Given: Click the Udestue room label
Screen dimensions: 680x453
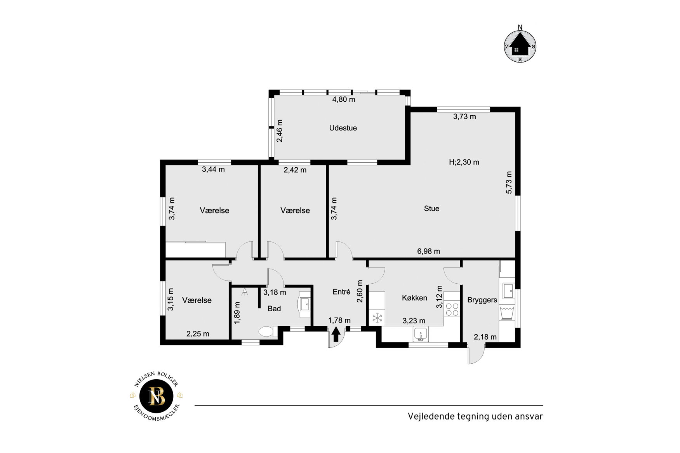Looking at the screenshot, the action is [343, 128].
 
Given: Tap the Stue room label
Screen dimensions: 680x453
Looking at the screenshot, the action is [431, 208].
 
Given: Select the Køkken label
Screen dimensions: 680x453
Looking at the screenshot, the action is [414, 298].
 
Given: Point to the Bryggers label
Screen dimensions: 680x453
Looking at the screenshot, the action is [482, 300].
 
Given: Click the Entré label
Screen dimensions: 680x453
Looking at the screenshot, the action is [341, 292].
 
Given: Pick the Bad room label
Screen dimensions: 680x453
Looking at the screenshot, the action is [274, 309].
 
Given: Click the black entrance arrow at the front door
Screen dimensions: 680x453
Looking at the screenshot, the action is [336, 335].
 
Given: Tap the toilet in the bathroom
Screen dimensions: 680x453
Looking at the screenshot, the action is [267, 332].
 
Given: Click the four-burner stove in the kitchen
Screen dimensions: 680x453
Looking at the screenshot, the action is [452, 309].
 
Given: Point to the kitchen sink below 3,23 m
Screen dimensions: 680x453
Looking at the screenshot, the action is [421, 334].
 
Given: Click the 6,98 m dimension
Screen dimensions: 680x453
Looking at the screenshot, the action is [428, 251].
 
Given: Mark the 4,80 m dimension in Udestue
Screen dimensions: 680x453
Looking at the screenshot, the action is [343, 99].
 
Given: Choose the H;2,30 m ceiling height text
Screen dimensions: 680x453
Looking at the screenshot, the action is [464, 162].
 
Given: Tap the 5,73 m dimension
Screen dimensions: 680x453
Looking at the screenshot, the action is [509, 182].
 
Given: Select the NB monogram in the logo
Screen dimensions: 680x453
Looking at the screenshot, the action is [157, 396].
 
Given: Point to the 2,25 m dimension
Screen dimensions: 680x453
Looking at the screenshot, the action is [198, 334].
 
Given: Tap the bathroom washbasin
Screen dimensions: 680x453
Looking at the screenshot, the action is [304, 304].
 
